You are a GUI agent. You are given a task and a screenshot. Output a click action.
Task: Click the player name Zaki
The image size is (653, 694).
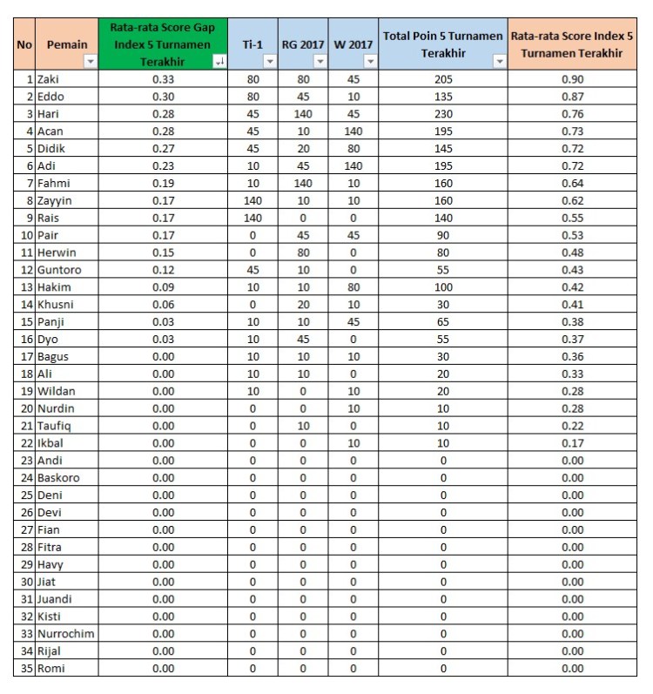pyautogui.click(x=48, y=79)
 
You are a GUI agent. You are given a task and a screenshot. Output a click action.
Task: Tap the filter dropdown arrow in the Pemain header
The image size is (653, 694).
pyautogui.click(x=90, y=62)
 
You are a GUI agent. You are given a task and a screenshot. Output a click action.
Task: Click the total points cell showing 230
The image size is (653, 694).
pyautogui.click(x=443, y=114)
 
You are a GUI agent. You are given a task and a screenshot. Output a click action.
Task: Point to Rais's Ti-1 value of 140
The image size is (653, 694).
pyautogui.click(x=252, y=218)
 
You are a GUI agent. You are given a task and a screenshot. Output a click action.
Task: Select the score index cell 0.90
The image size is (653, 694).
pyautogui.click(x=572, y=79)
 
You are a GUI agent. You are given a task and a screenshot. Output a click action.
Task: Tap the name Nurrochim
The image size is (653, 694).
pyautogui.click(x=65, y=634)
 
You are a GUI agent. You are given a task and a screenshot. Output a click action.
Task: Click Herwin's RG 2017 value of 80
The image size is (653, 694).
pyautogui.click(x=303, y=253)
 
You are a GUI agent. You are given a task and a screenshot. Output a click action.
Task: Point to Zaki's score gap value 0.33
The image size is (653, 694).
pyautogui.click(x=163, y=79)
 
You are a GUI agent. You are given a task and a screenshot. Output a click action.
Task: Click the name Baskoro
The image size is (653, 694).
pyautogui.click(x=59, y=478)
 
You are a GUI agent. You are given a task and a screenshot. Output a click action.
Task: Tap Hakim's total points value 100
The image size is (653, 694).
pyautogui.click(x=443, y=287)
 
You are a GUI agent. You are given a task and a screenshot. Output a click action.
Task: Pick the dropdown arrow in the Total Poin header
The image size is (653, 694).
pyautogui.click(x=499, y=62)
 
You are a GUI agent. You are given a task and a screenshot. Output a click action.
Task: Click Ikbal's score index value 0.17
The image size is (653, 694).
pyautogui.click(x=572, y=443)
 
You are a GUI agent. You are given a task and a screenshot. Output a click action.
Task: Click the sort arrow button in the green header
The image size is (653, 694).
pyautogui.click(x=219, y=62)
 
